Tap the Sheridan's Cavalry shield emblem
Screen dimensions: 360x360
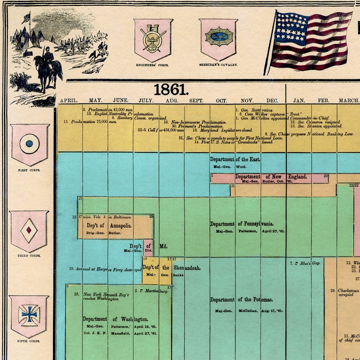pyautogui.click(x=219, y=39)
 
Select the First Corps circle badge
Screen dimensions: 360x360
pyautogui.click(x=30, y=144)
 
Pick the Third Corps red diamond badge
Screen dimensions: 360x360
pyautogui.click(x=29, y=231)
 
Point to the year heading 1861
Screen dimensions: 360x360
pyautogui.click(x=171, y=90)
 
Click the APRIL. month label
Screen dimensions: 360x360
pyautogui.click(x=69, y=101)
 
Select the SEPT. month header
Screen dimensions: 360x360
pyautogui.click(x=196, y=101)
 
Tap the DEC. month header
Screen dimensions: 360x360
pyautogui.click(x=272, y=101)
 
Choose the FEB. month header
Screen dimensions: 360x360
pyautogui.click(x=323, y=101)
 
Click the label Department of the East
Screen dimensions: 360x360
pyautogui.click(x=235, y=159)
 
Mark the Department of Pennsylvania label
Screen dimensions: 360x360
pyautogui.click(x=242, y=224)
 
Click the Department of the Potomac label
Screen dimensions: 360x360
pyautogui.click(x=242, y=300)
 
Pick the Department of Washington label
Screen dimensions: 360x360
pyautogui.click(x=115, y=319)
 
